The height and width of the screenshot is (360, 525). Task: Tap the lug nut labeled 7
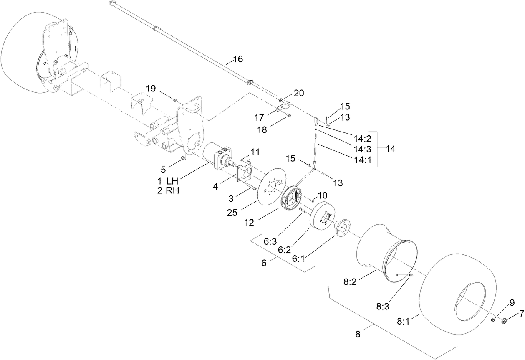(x=503, y=320)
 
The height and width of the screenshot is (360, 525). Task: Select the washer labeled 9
(x=493, y=320)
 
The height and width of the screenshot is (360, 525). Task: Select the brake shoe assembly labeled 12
(x=293, y=196)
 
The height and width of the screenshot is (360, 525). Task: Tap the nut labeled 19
(x=175, y=100)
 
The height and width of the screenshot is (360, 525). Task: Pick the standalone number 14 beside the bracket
(x=391, y=149)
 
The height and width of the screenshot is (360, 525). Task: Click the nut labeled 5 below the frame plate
(x=183, y=158)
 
